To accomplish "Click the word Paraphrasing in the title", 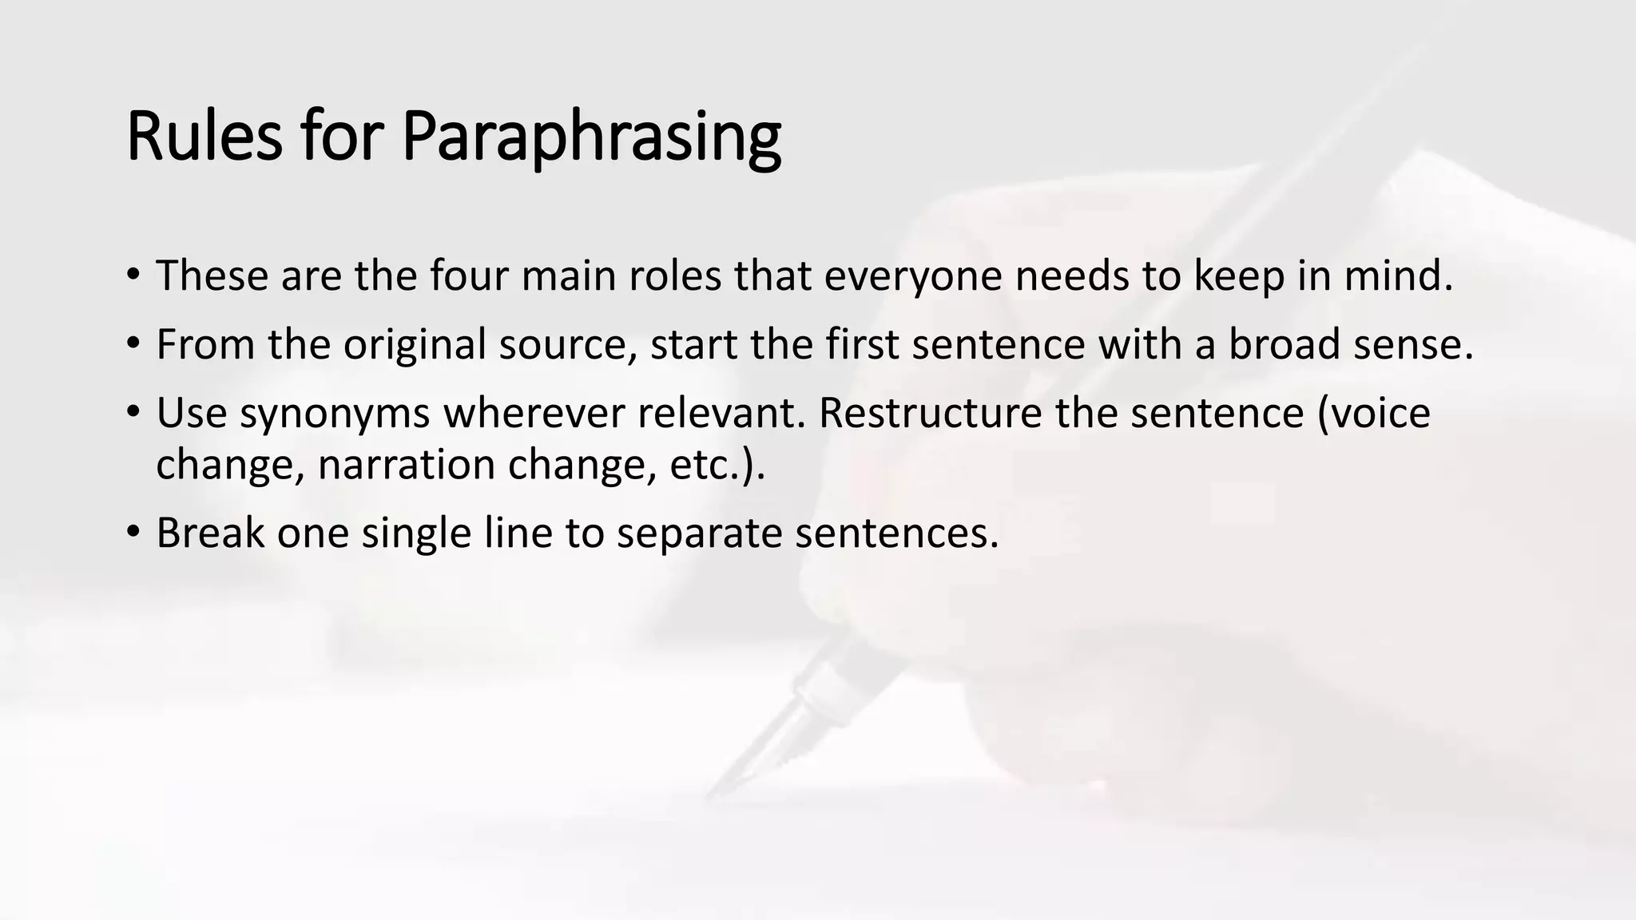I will pyautogui.click(x=591, y=137).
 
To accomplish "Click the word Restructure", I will pyautogui.click(x=929, y=413).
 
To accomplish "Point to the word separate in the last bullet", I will pyautogui.click(x=699, y=533).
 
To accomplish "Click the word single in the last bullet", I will pyautogui.click(x=416, y=533).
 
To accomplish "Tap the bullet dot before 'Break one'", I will pyautogui.click(x=133, y=533).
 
